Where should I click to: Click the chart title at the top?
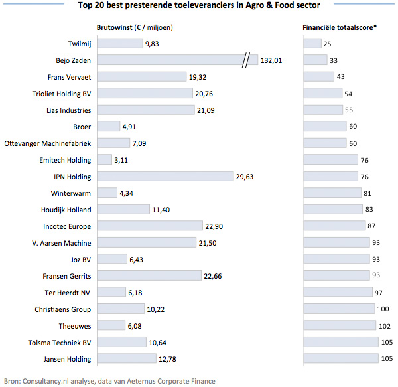(199, 6)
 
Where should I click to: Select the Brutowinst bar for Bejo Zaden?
(169, 60)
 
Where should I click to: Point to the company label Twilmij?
(78, 44)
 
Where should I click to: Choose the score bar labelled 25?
(312, 44)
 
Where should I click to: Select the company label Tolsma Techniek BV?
(58, 343)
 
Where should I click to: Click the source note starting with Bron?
(109, 381)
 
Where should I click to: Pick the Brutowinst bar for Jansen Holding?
(123, 359)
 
